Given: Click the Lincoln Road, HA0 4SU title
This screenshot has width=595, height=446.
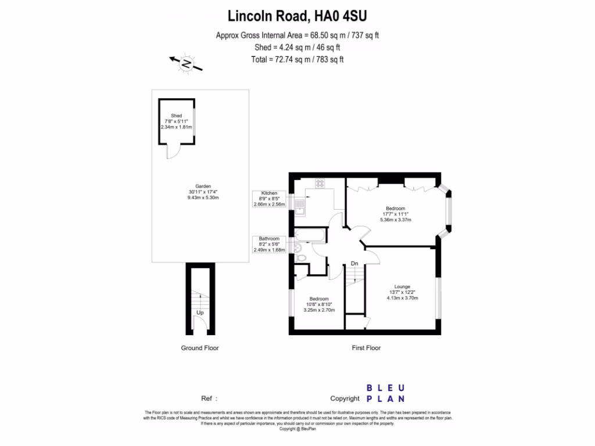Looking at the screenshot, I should tap(297, 15).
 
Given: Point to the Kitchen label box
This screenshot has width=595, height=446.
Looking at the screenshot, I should tap(269, 199).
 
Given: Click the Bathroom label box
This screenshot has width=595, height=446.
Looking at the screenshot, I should tap(269, 244).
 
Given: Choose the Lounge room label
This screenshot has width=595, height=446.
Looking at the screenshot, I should tap(402, 286).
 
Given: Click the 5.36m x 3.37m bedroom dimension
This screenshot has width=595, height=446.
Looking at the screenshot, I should tap(396, 220).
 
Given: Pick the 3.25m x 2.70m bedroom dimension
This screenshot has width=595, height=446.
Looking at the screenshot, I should tap(319, 310).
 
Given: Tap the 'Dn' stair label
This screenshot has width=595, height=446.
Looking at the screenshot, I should tap(354, 264).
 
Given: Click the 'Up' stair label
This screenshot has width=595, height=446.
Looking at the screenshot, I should tap(200, 312).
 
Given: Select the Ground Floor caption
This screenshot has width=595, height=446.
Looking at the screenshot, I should tap(200, 348).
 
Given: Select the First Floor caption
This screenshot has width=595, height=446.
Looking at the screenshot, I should tap(366, 348).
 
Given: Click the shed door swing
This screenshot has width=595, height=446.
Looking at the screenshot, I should tap(173, 151).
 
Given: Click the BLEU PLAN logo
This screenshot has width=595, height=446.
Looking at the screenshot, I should tap(385, 393).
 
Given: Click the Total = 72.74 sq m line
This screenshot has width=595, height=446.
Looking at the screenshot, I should tap(297, 59).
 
